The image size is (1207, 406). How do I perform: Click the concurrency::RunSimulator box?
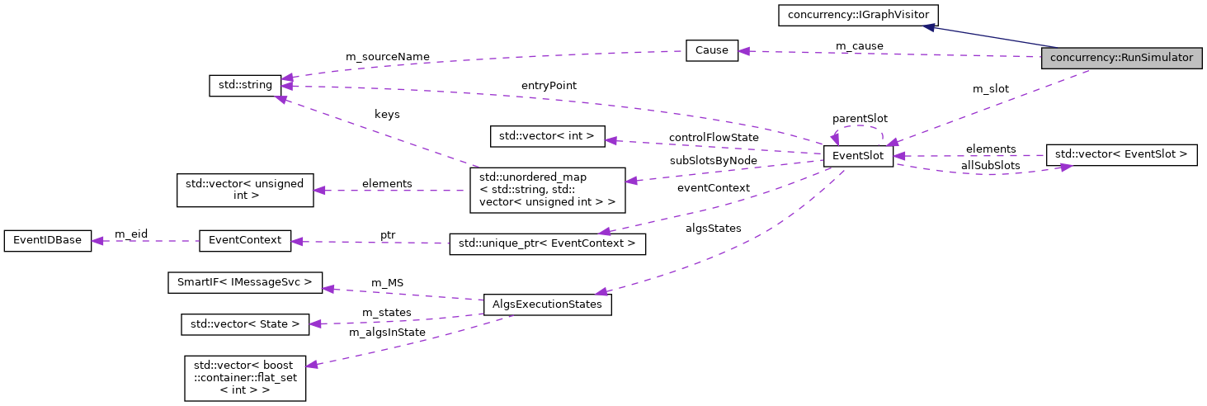1121,59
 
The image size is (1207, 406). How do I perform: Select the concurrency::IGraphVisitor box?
857,15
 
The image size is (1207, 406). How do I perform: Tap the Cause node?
711,50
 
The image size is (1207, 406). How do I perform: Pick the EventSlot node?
858,156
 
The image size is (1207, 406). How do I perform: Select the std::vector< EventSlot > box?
1120,154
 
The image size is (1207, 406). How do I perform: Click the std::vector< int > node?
548,135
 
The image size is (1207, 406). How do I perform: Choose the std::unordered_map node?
547,190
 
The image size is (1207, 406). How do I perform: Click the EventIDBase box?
48,241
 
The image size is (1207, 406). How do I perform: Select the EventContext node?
245,241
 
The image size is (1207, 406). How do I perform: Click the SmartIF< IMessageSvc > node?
245,283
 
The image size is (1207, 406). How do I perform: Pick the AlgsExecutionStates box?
547,304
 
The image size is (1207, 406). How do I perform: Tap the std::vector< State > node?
245,324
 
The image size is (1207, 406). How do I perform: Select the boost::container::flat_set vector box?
245,378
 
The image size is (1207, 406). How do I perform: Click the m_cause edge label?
859,45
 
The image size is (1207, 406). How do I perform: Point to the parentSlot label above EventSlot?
860,118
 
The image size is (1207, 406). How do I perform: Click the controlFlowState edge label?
713,136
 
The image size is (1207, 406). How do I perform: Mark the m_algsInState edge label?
387,332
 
